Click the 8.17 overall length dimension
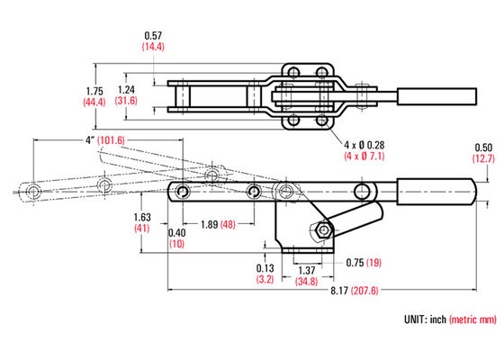coord(339,291)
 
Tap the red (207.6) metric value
coord(364,291)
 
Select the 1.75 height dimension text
coord(94,91)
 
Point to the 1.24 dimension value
coord(126,89)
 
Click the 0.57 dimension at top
coord(153,35)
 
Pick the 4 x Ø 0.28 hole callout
coord(364,145)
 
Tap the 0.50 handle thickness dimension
coord(483,148)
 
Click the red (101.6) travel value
coord(111,140)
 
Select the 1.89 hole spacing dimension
coord(209,224)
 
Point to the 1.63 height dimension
coord(142,217)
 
